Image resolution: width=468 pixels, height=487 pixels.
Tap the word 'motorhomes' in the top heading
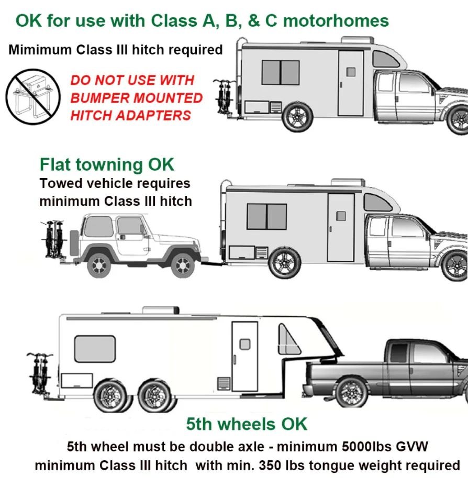336,21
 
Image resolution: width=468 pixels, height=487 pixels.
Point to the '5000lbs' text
374,447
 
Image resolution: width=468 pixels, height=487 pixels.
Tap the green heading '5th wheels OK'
247,424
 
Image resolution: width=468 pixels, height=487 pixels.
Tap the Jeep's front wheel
182,265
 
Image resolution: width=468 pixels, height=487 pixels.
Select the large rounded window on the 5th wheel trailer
95,349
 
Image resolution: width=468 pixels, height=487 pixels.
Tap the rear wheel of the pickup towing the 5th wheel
350,392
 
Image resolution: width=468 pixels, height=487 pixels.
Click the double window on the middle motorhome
266,216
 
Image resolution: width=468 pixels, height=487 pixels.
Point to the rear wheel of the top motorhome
297,117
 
